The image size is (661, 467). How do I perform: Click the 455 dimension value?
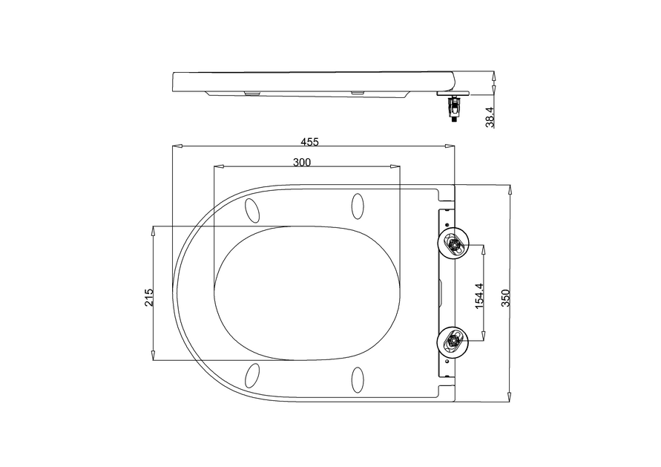(x=310, y=141)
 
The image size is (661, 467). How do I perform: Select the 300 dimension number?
(x=301, y=162)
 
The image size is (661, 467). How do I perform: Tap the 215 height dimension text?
(x=149, y=297)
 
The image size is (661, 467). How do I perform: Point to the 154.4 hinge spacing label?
(x=479, y=295)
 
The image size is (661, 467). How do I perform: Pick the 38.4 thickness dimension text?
(x=490, y=117)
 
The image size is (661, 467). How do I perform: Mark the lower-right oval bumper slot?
(x=358, y=379)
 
